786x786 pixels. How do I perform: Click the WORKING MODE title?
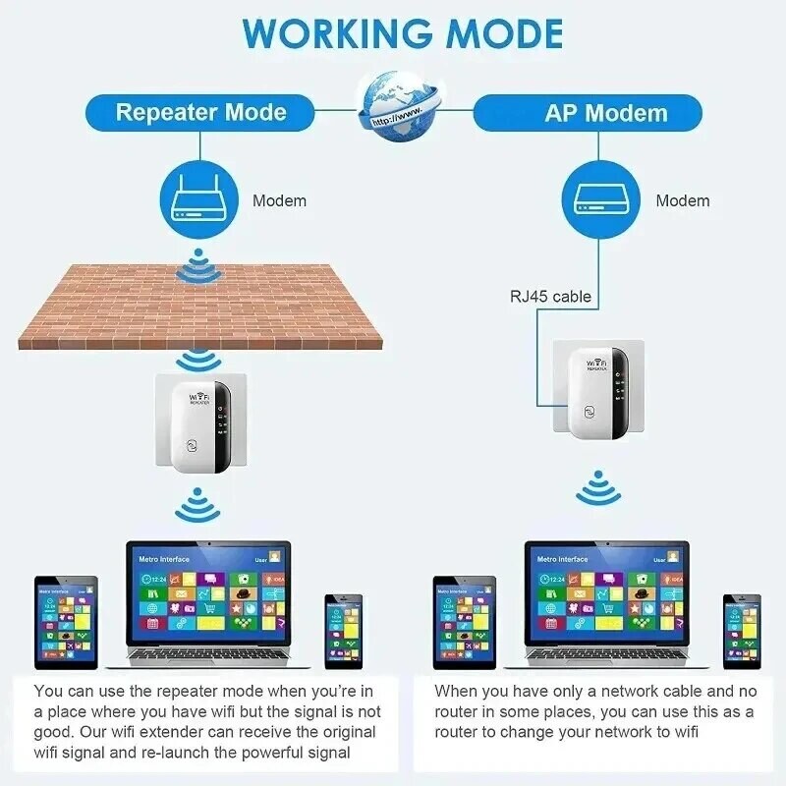click(x=403, y=33)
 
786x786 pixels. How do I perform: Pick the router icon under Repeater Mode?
click(x=199, y=200)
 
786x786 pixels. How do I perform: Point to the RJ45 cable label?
click(x=550, y=295)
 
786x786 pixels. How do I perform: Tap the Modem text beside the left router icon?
click(x=279, y=200)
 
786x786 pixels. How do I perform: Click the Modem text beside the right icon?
click(x=682, y=200)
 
